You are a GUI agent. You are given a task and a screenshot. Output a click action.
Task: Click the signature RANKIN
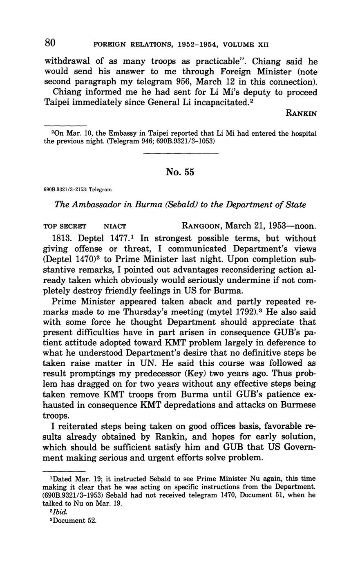point(301,114)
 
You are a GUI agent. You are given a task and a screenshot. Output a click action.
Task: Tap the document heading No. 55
point(180,172)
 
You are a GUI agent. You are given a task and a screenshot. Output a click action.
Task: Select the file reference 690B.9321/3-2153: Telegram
point(77,190)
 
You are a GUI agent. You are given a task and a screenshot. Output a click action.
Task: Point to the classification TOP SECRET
point(65,226)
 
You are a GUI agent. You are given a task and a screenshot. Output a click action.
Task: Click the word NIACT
point(115,226)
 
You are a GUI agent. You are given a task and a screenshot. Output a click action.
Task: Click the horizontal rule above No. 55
point(181,154)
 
